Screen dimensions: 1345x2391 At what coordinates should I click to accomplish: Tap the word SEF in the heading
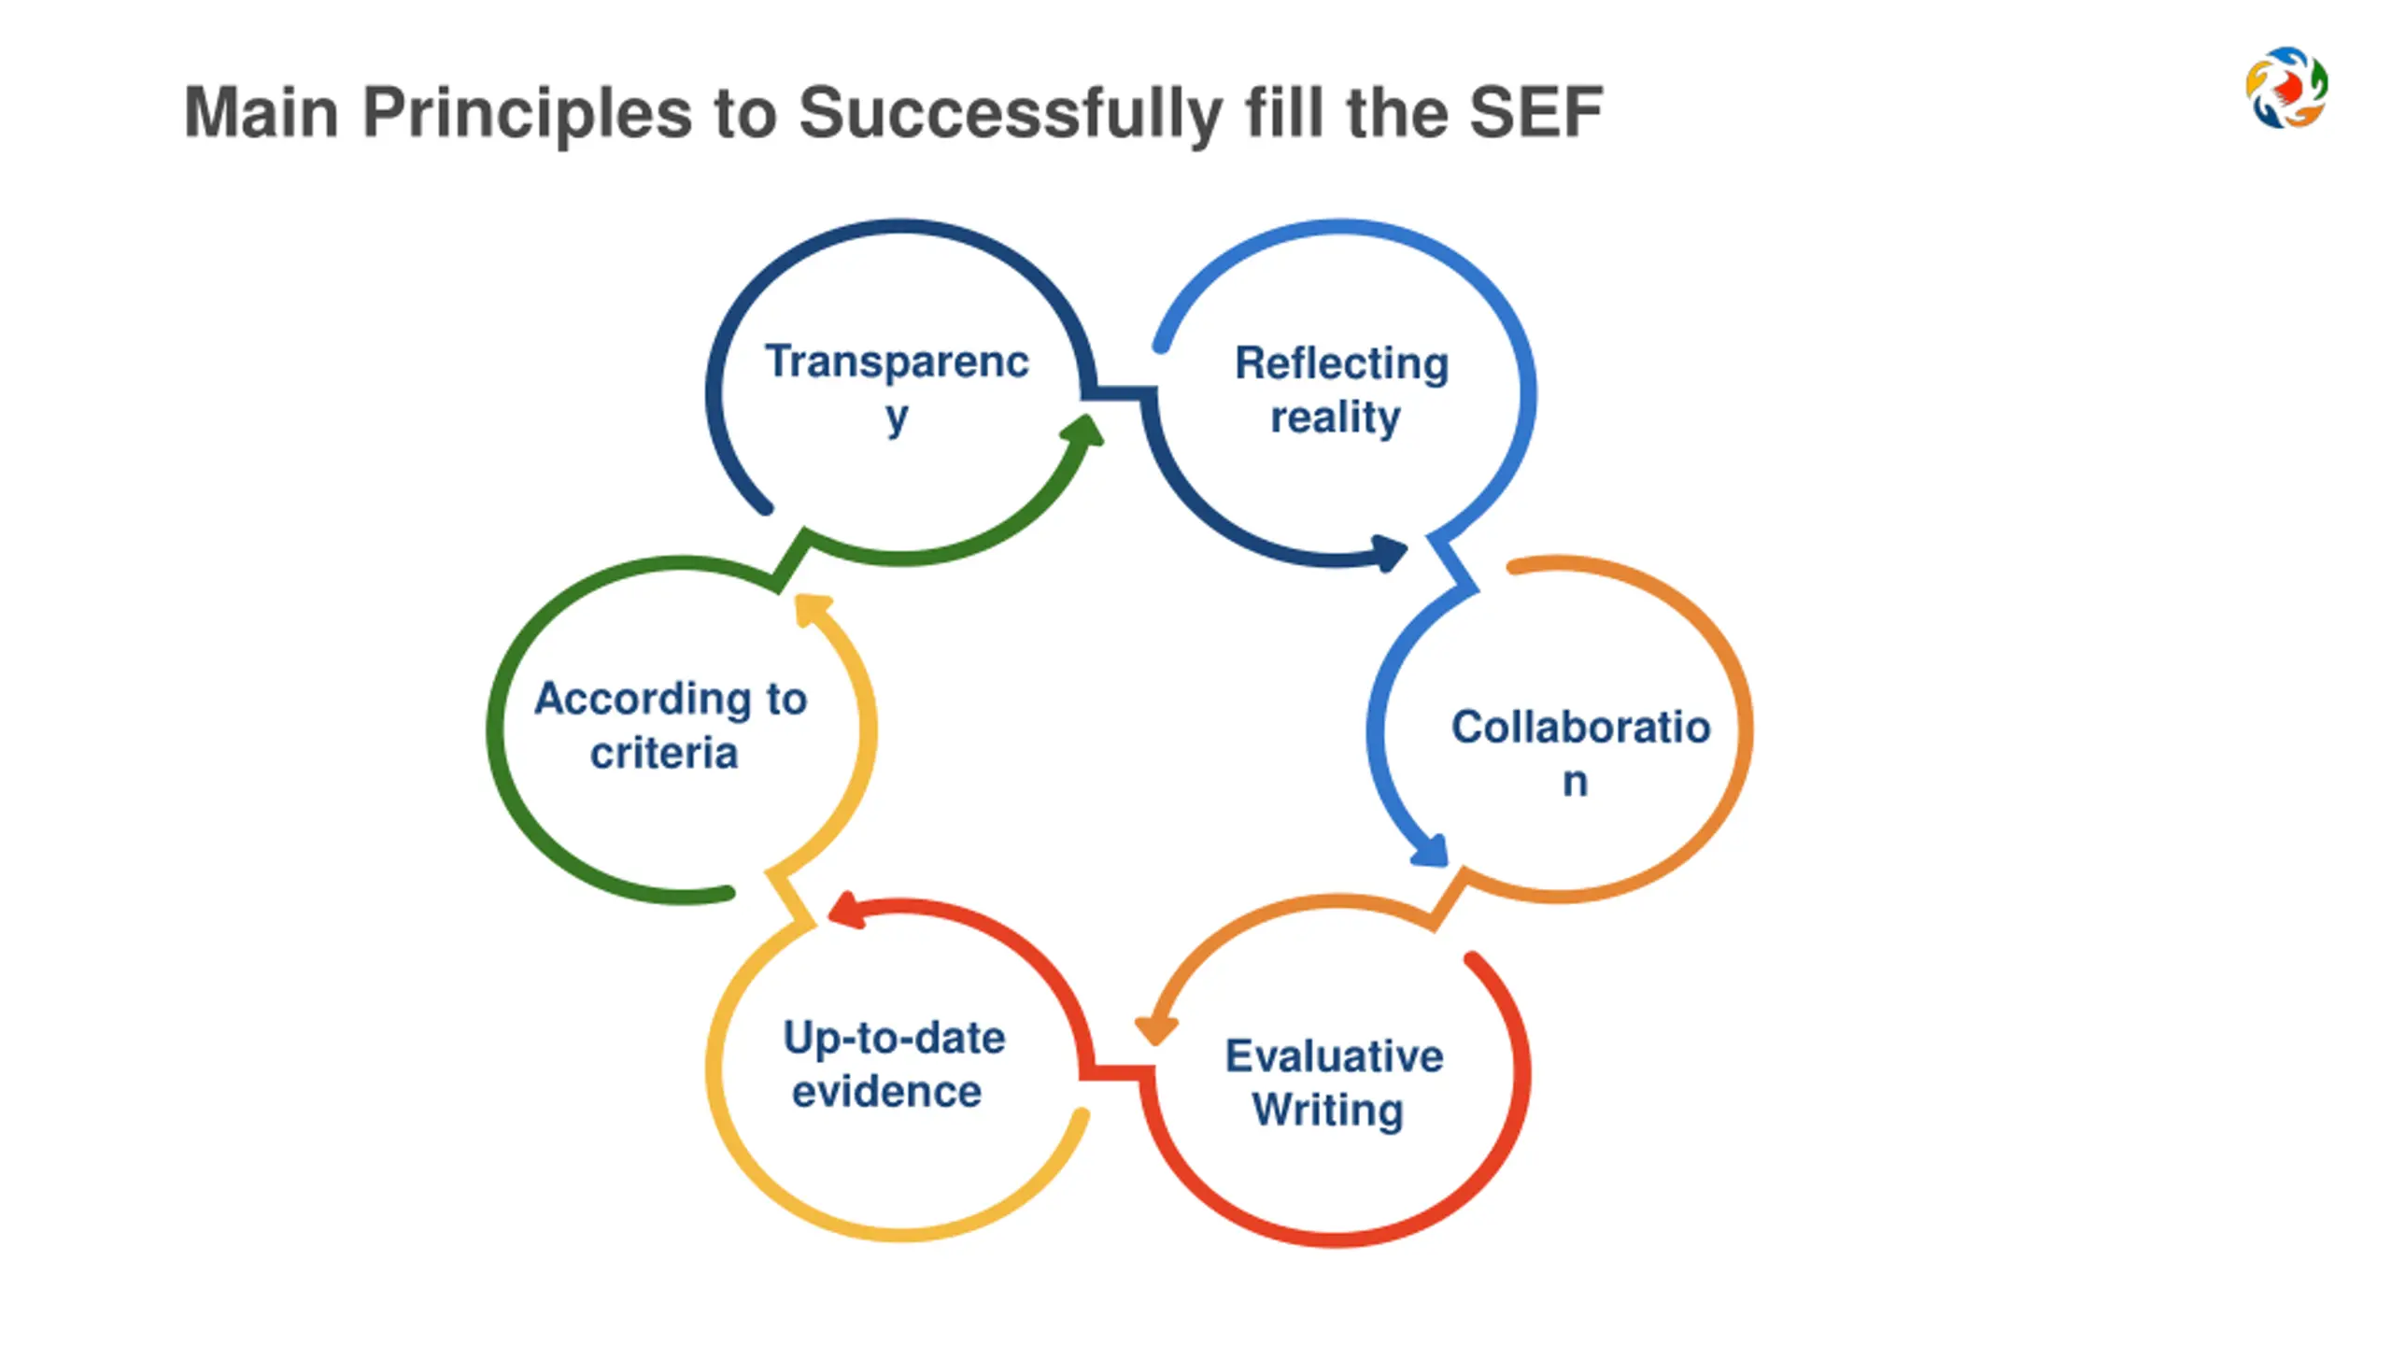tap(1535, 112)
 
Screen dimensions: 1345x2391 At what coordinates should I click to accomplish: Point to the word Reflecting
tap(1341, 363)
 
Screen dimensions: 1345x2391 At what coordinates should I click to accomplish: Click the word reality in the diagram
tap(1335, 418)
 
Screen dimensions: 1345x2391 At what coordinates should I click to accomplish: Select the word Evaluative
tap(1334, 1056)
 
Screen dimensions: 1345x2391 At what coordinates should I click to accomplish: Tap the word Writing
tap(1327, 1111)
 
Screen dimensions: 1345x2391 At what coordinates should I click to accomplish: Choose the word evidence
tap(886, 1092)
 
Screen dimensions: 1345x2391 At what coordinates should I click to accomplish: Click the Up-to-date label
tap(894, 1038)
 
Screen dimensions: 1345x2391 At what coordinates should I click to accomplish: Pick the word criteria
tap(663, 753)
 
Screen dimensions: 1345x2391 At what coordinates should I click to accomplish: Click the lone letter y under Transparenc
tap(897, 419)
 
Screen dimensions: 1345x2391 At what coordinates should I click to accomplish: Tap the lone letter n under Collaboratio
tap(1575, 783)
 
